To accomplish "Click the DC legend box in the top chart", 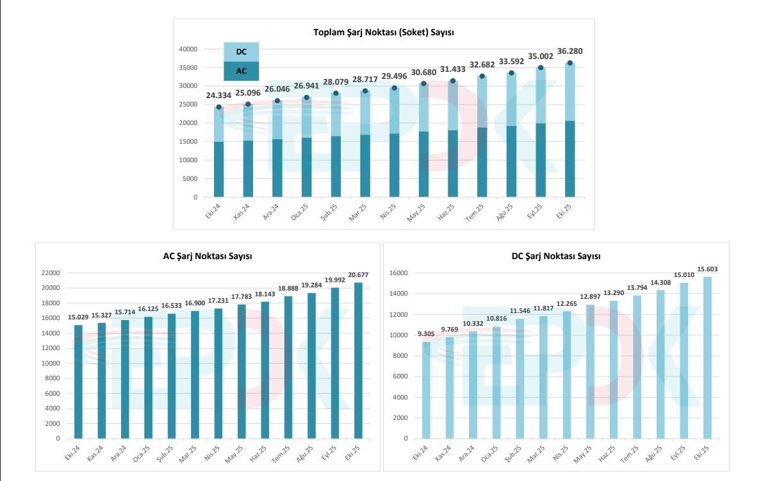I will point(241,52).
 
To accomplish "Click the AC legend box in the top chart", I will point(241,71).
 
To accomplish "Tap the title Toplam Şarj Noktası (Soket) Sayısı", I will point(384,32).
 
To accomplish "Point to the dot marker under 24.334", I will point(218,107).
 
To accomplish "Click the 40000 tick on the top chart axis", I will point(188,49).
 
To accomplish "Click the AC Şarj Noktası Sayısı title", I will point(207,256).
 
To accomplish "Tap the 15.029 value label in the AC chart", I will point(78,317).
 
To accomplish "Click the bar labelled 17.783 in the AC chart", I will point(241,371).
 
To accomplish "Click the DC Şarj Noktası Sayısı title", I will point(555,256).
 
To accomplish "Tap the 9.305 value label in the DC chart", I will point(425,333).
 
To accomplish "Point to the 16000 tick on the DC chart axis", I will point(398,273).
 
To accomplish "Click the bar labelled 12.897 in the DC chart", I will point(590,372).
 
